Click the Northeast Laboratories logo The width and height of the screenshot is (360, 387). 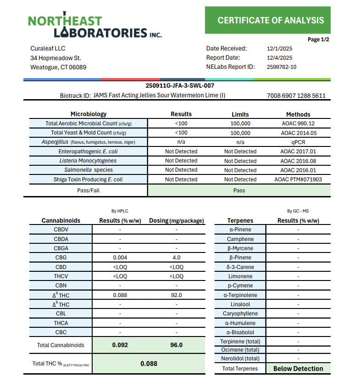[94, 26]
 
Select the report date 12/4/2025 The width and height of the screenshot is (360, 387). [279, 58]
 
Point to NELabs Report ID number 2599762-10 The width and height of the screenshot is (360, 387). [281, 67]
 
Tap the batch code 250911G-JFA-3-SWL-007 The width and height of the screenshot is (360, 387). [180, 86]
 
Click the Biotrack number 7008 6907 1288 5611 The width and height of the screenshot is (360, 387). [296, 96]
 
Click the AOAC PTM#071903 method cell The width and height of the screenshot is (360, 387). [298, 179]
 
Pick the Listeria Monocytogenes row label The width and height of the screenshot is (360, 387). [88, 161]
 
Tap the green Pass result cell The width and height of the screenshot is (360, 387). [239, 190]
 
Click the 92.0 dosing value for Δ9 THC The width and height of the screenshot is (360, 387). [176, 295]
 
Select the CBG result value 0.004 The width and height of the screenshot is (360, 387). [120, 258]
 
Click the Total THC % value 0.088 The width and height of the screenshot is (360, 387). [149, 364]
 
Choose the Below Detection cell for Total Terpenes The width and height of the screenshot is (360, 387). [298, 369]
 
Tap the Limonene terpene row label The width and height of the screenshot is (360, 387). [241, 276]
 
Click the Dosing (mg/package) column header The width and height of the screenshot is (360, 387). [176, 220]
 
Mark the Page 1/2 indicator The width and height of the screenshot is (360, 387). [318, 39]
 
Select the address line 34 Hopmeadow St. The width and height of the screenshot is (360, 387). [55, 58]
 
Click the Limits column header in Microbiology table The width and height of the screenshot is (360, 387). [240, 114]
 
